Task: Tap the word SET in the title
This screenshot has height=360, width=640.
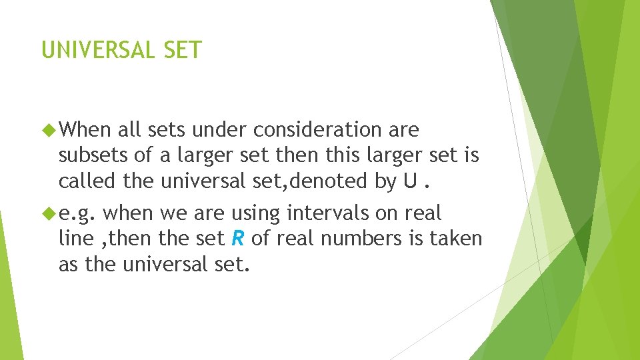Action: click(x=181, y=50)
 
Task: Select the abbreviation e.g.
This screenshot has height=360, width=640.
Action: click(x=79, y=213)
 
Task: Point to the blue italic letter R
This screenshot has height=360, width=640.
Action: click(x=238, y=239)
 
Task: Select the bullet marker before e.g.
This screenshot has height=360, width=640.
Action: click(x=49, y=214)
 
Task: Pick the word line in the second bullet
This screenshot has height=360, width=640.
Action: click(x=71, y=239)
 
